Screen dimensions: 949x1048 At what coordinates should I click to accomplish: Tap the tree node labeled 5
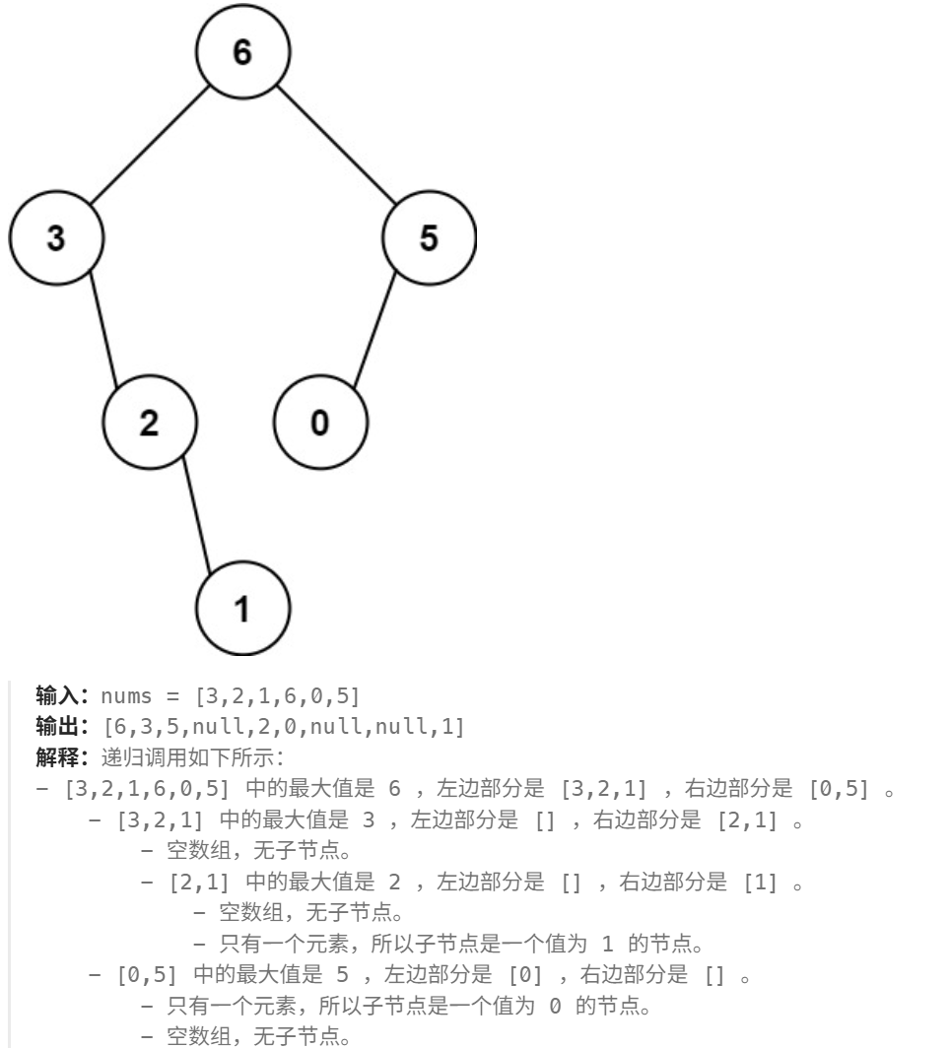[429, 239]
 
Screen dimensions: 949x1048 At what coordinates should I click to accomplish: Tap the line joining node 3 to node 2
[102, 332]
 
